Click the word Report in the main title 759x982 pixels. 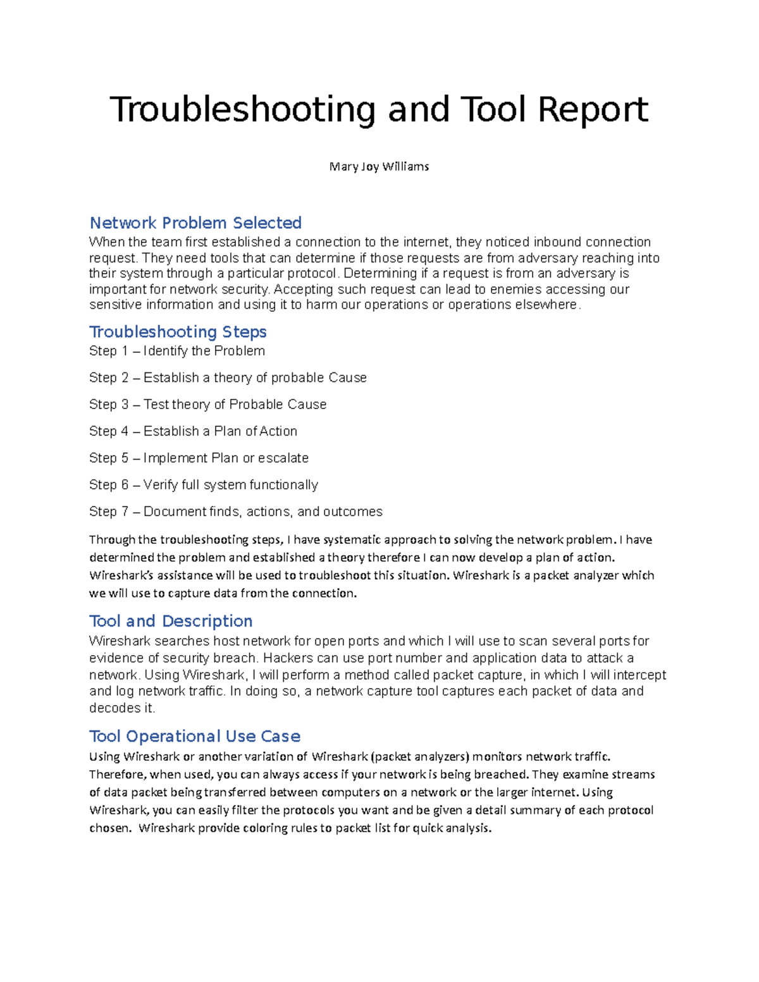click(593, 109)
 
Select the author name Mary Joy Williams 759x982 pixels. click(379, 166)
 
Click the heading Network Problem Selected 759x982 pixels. click(195, 223)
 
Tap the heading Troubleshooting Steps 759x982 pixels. click(178, 331)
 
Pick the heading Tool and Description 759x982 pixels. click(171, 620)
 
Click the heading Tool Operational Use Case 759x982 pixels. click(195, 736)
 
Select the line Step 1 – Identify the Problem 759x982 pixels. click(177, 351)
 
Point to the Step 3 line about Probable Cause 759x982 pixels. click(207, 404)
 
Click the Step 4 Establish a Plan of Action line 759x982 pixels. click(193, 431)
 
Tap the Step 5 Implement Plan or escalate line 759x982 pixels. click(199, 458)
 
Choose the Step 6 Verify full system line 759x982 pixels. click(203, 485)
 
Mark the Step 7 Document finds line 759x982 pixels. click(235, 512)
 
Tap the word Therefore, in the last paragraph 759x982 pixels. click(118, 775)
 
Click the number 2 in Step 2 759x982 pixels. click(125, 377)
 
